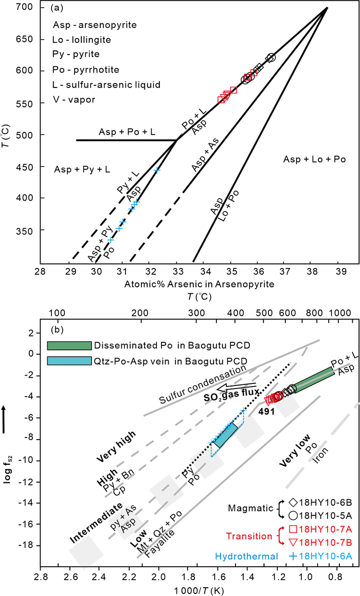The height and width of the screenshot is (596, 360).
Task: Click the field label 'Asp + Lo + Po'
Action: (x=314, y=160)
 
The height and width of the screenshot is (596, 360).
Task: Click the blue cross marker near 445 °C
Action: (x=157, y=169)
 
